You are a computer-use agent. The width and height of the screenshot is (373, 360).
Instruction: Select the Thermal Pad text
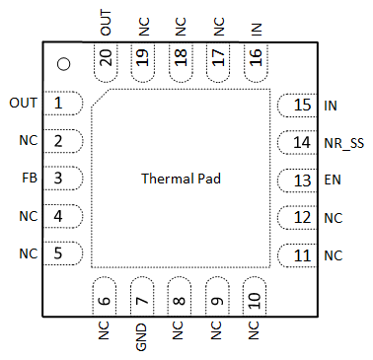pyautogui.click(x=181, y=180)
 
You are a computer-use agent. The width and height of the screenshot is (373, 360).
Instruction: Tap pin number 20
pyautogui.click(x=106, y=60)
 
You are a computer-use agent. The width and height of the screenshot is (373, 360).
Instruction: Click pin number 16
pyautogui.click(x=256, y=60)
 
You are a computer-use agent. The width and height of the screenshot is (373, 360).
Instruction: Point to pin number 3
pyautogui.click(x=60, y=179)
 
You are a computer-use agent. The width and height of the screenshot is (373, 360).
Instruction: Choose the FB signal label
pyautogui.click(x=29, y=179)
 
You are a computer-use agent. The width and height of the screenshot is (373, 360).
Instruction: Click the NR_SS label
pyautogui.click(x=343, y=143)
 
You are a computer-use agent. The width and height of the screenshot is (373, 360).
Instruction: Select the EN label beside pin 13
pyautogui.click(x=333, y=180)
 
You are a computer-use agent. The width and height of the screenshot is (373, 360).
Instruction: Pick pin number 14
pyautogui.click(x=301, y=143)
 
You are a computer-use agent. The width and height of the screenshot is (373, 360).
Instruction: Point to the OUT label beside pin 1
pyautogui.click(x=23, y=103)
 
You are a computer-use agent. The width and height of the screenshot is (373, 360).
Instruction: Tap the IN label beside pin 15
pyautogui.click(x=331, y=105)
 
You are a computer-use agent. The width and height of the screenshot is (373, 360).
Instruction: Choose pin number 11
pyautogui.click(x=301, y=255)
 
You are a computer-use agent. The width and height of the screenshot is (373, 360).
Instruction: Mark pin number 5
pyautogui.click(x=60, y=253)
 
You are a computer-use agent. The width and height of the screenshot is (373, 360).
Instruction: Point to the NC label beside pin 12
pyautogui.click(x=333, y=218)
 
